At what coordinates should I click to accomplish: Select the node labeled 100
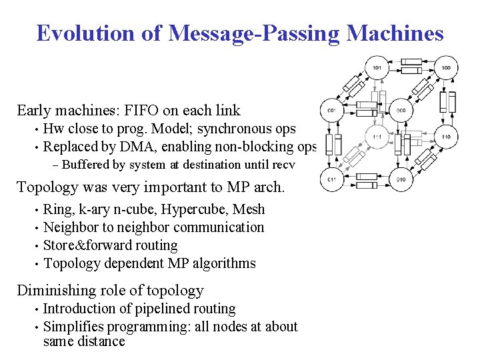pyautogui.click(x=445, y=68)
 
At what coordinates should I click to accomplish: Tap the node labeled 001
pyautogui.click(x=331, y=110)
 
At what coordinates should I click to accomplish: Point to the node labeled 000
pyautogui.click(x=401, y=110)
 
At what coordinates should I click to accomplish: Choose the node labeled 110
pyautogui.click(x=445, y=137)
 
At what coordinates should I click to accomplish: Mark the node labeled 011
pyautogui.click(x=331, y=179)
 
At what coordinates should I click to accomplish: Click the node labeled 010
pyautogui.click(x=401, y=179)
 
